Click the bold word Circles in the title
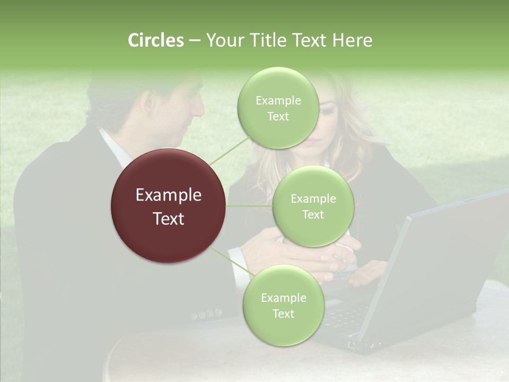click(x=155, y=40)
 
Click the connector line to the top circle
click(x=230, y=151)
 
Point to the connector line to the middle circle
click(x=249, y=206)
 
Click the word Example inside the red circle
click(x=168, y=195)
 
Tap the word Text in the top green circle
click(x=278, y=117)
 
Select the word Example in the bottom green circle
click(x=283, y=298)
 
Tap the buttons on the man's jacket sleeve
click(x=207, y=314)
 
